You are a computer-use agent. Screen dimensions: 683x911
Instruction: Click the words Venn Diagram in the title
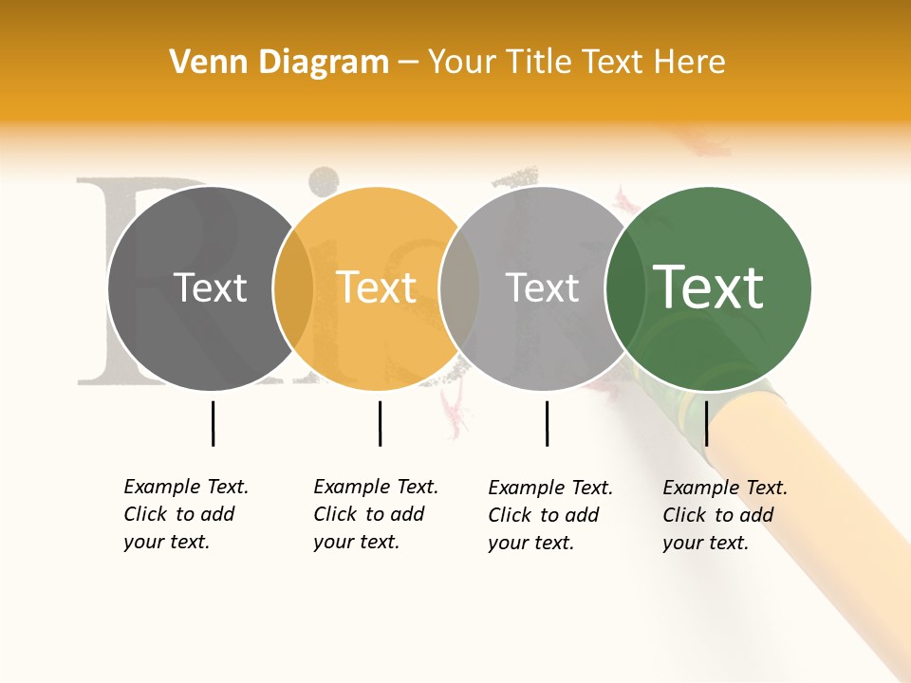point(279,62)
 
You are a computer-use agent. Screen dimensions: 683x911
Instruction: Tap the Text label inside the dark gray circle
point(210,287)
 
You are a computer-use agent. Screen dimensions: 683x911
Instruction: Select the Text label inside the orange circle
point(377,287)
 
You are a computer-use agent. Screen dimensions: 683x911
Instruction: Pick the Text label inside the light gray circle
point(542,287)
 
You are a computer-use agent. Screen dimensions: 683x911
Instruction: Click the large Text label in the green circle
point(709,287)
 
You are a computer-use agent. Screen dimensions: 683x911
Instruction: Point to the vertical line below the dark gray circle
point(213,423)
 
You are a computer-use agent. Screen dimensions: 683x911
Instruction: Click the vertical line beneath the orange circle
point(380,423)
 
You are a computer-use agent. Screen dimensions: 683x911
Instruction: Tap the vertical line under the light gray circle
point(547,423)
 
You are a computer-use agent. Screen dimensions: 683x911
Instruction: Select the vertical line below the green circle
point(706,423)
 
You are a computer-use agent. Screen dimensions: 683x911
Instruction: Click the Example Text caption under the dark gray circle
point(185,514)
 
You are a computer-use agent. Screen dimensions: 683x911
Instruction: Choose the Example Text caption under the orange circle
point(375,514)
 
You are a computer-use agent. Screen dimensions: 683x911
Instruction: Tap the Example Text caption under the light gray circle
point(549,515)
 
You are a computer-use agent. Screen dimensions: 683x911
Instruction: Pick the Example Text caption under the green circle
point(724,515)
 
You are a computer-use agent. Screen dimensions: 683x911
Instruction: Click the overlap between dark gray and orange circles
point(293,288)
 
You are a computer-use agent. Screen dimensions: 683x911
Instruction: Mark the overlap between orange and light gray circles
point(459,288)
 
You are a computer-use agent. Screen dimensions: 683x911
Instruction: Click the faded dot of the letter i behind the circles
point(325,179)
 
